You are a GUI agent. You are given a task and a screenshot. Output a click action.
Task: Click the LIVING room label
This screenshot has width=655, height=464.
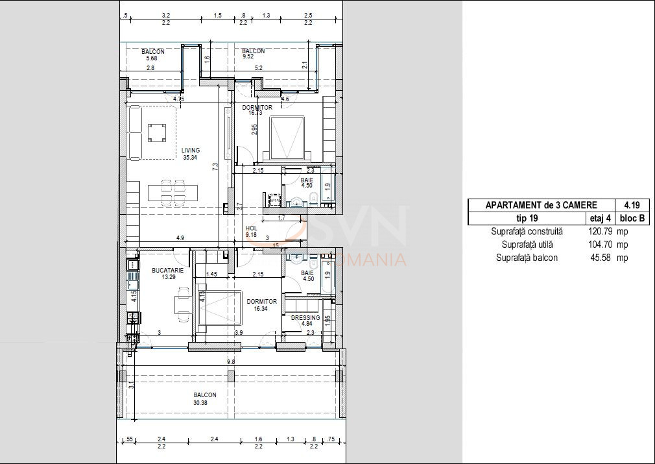pyautogui.click(x=191, y=150)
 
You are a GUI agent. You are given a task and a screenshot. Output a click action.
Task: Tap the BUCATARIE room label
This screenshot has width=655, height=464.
pyautogui.click(x=167, y=271)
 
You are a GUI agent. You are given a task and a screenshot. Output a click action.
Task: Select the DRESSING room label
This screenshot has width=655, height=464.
pyautogui.click(x=305, y=318)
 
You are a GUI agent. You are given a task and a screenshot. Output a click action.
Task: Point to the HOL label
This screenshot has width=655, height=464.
pyautogui.click(x=252, y=228)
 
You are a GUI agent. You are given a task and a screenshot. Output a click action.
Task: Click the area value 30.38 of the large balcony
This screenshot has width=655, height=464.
pyautogui.click(x=200, y=403)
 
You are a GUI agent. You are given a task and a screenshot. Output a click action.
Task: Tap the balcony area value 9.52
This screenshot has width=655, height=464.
pyautogui.click(x=248, y=56)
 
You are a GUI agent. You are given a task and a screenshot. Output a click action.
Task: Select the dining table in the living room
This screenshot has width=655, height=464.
pyautogui.click(x=173, y=193)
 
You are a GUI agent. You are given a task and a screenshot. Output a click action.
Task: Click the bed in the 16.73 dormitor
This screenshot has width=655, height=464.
pyautogui.click(x=287, y=139)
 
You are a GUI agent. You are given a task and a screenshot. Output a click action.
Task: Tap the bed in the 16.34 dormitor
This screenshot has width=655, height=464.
pyautogui.click(x=220, y=308)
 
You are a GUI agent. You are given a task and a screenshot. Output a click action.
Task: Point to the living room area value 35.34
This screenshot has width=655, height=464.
pyautogui.click(x=190, y=158)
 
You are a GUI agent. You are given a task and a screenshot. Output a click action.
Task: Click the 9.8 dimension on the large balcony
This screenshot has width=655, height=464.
pyautogui.click(x=231, y=362)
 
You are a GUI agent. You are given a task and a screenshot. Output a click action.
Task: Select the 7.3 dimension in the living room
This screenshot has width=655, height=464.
pyautogui.click(x=215, y=166)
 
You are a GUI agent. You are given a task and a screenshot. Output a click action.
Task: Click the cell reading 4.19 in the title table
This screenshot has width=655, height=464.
pyautogui.click(x=634, y=205)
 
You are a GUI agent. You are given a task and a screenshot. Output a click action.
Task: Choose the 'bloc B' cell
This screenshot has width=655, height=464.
pyautogui.click(x=632, y=218)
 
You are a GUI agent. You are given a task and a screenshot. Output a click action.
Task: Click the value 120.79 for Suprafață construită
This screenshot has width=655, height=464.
pyautogui.click(x=600, y=231)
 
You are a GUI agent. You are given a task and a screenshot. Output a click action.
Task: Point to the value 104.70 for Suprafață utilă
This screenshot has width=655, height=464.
pyautogui.click(x=600, y=245)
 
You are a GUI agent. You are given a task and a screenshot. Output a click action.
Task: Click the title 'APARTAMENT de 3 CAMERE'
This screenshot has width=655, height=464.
pyautogui.click(x=541, y=205)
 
